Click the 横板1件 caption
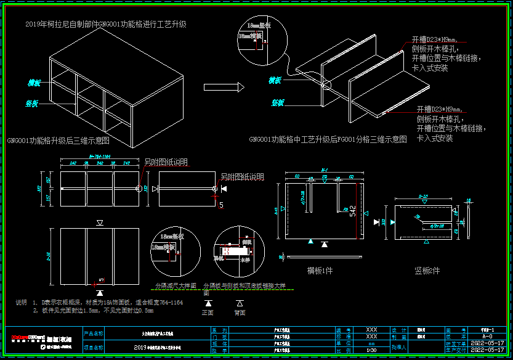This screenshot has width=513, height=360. point(320,270)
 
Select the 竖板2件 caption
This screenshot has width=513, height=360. point(427,270)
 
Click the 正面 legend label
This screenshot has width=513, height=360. point(209,313)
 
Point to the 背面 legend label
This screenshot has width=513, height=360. point(240,313)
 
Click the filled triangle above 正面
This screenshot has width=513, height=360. point(209,303)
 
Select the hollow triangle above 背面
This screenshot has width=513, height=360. point(240,303)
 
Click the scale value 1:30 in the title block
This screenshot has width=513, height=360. point(371,350)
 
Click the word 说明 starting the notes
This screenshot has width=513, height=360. point(22,302)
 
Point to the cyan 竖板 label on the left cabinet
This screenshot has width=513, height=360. point(32,104)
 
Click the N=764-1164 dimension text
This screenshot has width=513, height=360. point(99,157)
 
